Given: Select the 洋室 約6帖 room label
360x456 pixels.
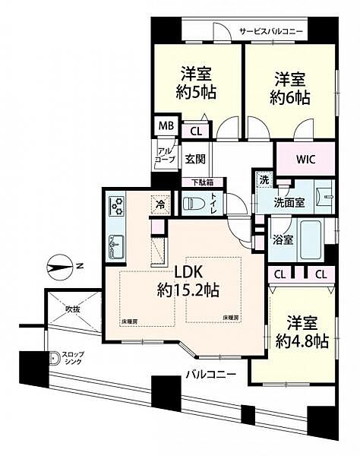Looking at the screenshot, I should [290, 87].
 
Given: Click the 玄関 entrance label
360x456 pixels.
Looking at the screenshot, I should [194, 160].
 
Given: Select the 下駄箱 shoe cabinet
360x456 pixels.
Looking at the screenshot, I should [202, 182].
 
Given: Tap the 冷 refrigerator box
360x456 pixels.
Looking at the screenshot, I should [161, 204].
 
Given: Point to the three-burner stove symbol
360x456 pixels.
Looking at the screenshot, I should [118, 205].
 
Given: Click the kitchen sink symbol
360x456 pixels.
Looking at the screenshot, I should [118, 245].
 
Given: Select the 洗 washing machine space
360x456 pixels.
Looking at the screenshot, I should [264, 181].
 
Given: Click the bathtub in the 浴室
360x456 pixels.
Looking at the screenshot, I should [311, 236].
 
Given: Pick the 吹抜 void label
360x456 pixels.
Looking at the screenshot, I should [72, 309].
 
